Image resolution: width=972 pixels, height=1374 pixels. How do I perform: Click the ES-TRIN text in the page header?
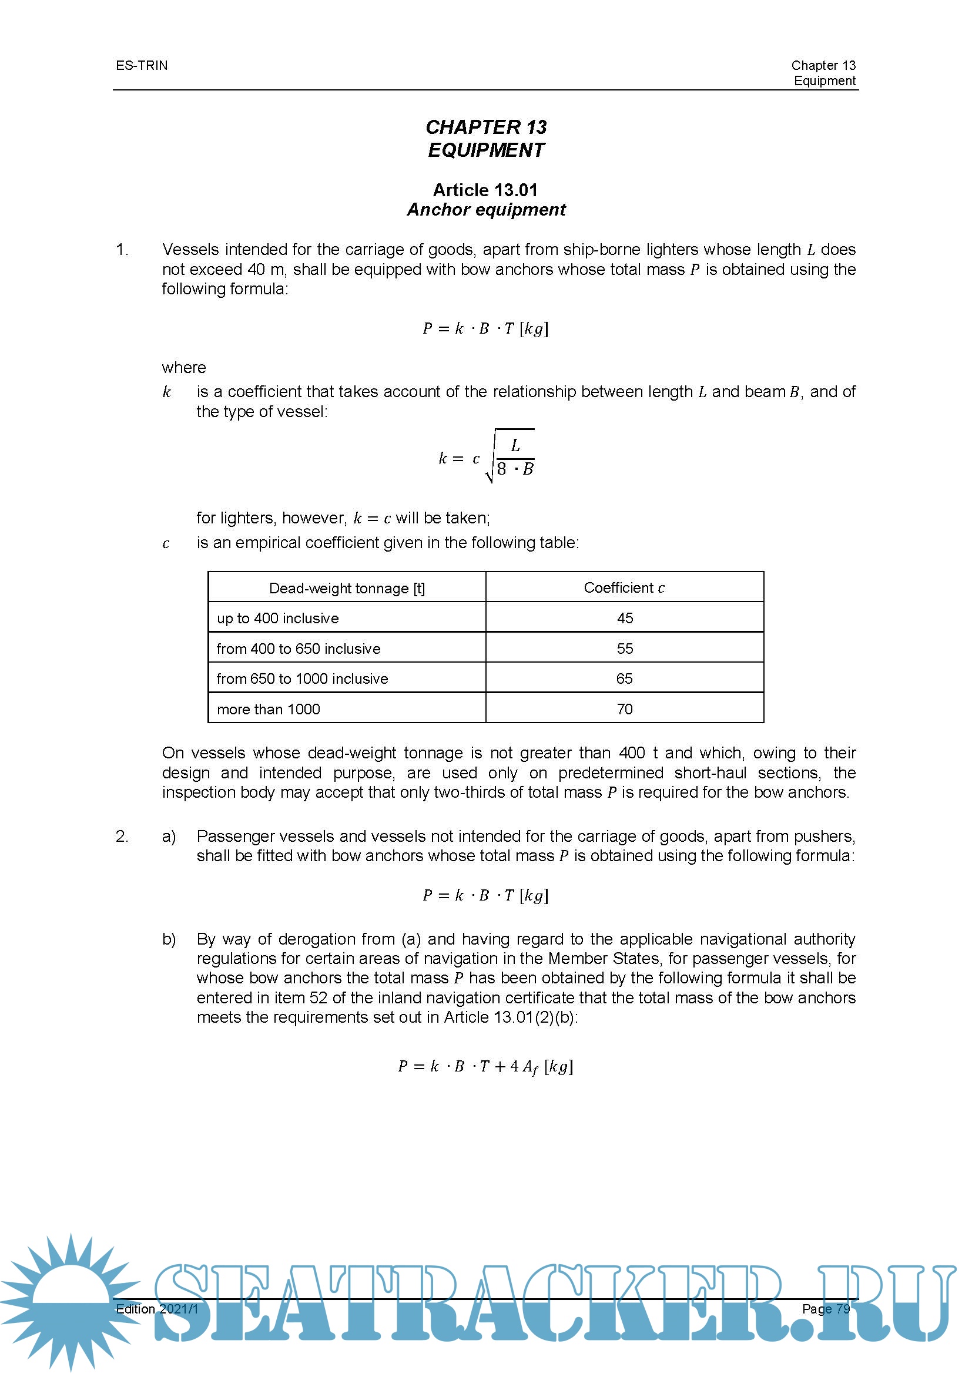pyautogui.click(x=142, y=65)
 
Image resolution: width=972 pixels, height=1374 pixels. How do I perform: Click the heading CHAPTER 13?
pyautogui.click(x=485, y=127)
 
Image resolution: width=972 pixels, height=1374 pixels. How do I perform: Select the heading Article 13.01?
pyautogui.click(x=485, y=190)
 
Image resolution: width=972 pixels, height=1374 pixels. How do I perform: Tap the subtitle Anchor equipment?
pyautogui.click(x=485, y=210)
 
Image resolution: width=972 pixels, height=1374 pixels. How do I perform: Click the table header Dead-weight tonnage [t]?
pyautogui.click(x=347, y=588)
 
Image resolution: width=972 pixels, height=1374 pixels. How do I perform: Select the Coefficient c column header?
pyautogui.click(x=624, y=588)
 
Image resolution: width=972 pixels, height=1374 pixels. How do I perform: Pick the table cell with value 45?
pyautogui.click(x=624, y=618)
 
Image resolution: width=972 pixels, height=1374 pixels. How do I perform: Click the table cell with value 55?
pyautogui.click(x=624, y=649)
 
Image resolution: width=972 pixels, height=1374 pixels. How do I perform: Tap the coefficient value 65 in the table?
pyautogui.click(x=624, y=678)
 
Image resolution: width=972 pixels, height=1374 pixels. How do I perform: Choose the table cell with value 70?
pyautogui.click(x=624, y=709)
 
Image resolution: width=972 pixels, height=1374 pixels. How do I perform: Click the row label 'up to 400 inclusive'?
pyautogui.click(x=278, y=618)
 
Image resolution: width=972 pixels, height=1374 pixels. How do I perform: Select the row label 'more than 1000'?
pyautogui.click(x=268, y=709)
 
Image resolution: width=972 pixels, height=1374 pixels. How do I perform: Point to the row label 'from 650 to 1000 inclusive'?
pyautogui.click(x=302, y=678)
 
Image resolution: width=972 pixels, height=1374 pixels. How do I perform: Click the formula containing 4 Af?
pyautogui.click(x=485, y=1067)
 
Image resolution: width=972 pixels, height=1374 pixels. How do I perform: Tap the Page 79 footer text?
pyautogui.click(x=825, y=1309)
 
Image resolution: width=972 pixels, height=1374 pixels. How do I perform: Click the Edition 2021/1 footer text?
pyautogui.click(x=157, y=1309)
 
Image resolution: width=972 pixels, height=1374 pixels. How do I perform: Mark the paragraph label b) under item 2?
pyautogui.click(x=169, y=939)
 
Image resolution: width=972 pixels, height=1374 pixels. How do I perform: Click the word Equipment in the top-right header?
pyautogui.click(x=824, y=81)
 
